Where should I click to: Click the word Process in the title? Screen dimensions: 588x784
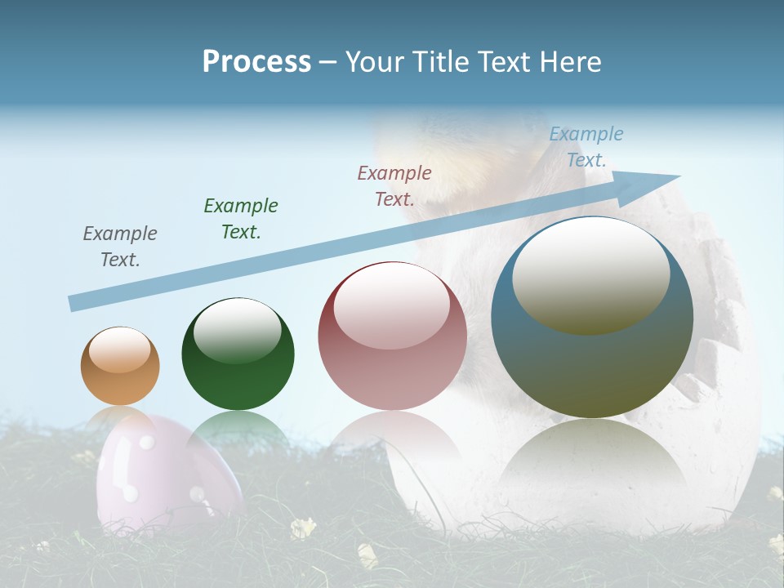pyautogui.click(x=256, y=62)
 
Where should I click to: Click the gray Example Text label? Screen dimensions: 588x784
pyautogui.click(x=120, y=246)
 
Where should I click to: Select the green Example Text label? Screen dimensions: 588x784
pyautogui.click(x=241, y=218)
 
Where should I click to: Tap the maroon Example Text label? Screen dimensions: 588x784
pyautogui.click(x=394, y=185)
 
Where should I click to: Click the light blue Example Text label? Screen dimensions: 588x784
pyautogui.click(x=586, y=146)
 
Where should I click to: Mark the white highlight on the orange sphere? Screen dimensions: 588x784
pyautogui.click(x=120, y=349)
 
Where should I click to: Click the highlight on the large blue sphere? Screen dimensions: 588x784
pyautogui.click(x=590, y=276)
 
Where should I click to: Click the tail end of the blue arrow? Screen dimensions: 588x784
pyautogui.click(x=75, y=303)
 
